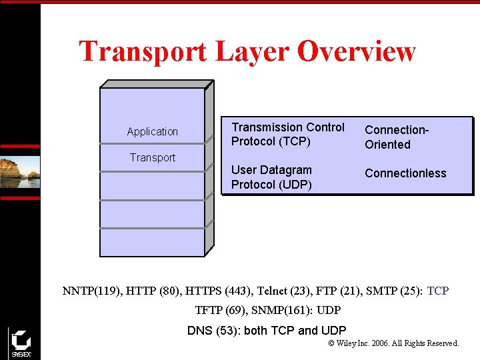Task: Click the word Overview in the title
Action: (x=357, y=51)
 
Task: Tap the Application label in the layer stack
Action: (x=153, y=132)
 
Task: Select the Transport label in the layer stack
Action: (x=153, y=158)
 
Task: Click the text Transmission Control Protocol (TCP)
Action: (x=288, y=134)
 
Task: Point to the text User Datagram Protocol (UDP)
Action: (x=271, y=177)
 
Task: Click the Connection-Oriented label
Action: (x=396, y=137)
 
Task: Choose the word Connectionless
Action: (x=405, y=173)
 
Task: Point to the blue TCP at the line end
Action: (x=438, y=291)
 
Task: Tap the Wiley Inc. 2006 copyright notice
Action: (x=394, y=343)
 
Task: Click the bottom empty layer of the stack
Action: (x=152, y=243)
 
